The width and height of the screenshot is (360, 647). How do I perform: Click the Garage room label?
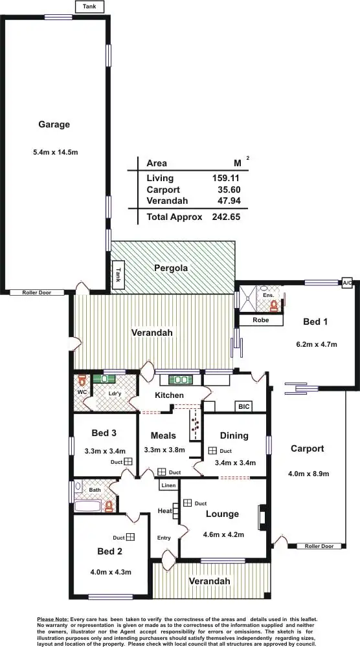click(x=54, y=124)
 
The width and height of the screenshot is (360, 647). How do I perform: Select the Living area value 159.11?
click(x=226, y=178)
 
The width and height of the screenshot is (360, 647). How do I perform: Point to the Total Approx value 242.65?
click(x=226, y=217)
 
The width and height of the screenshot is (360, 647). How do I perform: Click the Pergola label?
click(x=171, y=267)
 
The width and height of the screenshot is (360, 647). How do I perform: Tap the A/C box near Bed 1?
click(x=347, y=283)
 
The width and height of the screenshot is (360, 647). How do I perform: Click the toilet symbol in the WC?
click(x=82, y=381)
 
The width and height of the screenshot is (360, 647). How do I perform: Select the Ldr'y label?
click(x=115, y=393)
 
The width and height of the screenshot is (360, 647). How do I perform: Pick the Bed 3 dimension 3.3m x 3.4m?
click(x=104, y=451)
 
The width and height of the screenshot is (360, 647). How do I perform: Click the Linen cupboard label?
click(x=168, y=485)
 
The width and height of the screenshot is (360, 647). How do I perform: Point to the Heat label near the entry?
click(x=164, y=511)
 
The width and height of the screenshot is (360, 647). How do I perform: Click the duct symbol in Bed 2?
click(x=130, y=537)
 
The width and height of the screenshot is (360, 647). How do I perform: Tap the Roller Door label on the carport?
click(x=319, y=546)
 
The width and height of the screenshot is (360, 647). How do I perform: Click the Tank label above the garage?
click(x=89, y=6)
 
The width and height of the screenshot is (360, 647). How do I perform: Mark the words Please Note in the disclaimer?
click(x=53, y=619)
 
